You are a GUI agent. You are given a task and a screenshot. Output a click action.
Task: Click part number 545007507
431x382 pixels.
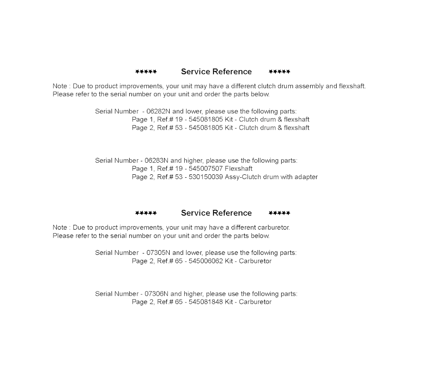206,169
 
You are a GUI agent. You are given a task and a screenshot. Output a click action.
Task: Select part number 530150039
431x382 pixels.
206,177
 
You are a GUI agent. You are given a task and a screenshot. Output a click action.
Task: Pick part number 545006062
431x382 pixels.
206,261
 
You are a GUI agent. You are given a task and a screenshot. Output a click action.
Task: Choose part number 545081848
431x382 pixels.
206,302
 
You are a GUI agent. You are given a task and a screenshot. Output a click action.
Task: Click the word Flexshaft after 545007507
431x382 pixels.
239,169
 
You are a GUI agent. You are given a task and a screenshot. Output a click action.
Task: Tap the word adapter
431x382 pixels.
306,177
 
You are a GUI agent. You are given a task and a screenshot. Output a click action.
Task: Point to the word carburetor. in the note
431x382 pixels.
275,228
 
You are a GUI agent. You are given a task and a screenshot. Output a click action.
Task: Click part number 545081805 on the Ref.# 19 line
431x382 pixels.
206,120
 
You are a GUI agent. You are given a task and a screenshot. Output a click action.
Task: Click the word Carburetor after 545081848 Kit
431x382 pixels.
255,302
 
